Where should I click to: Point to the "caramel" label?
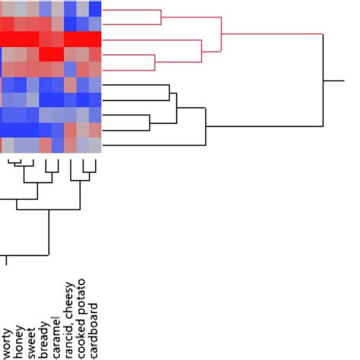coord(54,335)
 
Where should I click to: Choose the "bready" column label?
coord(43,337)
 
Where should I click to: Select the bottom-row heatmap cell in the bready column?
coord(45,144)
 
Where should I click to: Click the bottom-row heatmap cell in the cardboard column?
coord(95,144)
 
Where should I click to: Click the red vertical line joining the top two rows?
coord(161,17)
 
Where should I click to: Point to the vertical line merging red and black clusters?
coord(324,80)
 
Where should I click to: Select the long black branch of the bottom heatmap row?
coord(152,144)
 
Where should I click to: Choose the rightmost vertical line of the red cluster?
coord(220,34)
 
